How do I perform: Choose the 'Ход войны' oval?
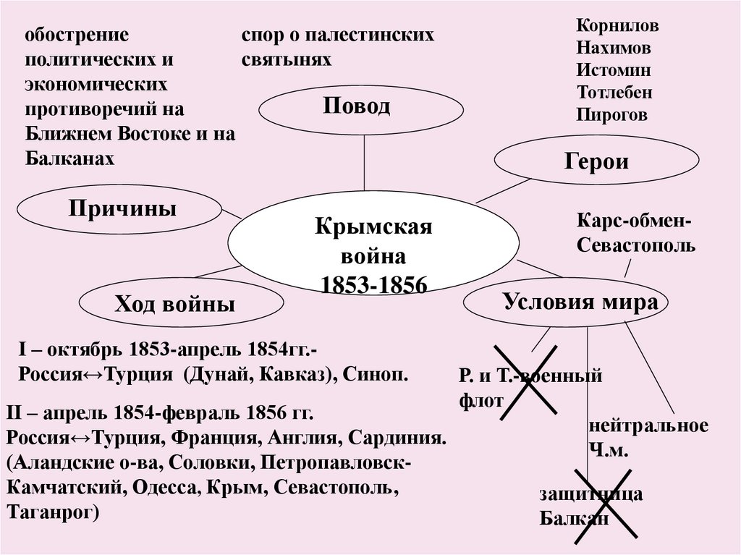click(x=174, y=304)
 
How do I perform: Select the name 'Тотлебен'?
click(x=615, y=93)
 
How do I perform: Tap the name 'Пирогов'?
click(x=612, y=114)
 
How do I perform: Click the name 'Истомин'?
click(x=614, y=71)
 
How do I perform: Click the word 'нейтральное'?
click(x=648, y=425)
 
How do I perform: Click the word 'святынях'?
click(x=287, y=59)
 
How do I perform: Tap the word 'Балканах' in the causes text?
click(x=69, y=157)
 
